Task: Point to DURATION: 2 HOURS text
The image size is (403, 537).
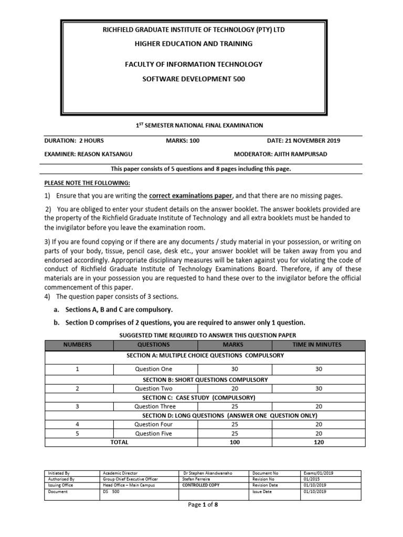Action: click(73, 141)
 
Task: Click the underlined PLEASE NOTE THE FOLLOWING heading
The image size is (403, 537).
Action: click(86, 182)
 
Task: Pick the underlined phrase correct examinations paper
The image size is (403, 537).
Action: click(190, 196)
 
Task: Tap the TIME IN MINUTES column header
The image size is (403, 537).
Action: click(316, 345)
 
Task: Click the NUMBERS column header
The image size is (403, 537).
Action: click(77, 345)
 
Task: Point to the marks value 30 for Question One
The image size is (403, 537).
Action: click(235, 369)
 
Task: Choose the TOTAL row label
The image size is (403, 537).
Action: click(119, 442)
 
